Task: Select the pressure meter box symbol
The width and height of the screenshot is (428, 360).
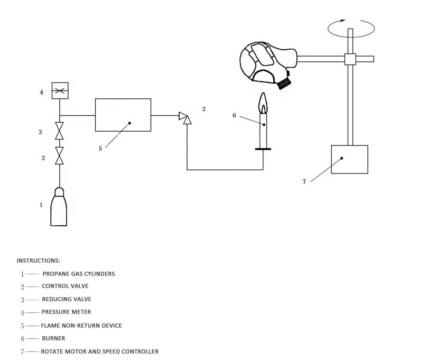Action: tap(60, 91)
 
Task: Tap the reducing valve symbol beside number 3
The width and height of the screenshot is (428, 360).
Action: tap(59, 131)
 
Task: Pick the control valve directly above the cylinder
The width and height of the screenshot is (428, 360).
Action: tap(59, 156)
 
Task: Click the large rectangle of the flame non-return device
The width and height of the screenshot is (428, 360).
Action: tap(123, 115)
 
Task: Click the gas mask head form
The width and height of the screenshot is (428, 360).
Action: tap(268, 64)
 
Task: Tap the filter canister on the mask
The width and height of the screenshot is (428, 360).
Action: tap(284, 84)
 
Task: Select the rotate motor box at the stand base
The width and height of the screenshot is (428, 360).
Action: tap(350, 160)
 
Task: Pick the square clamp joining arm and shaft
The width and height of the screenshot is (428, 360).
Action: tap(350, 59)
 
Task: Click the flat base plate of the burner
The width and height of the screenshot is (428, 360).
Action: tap(263, 149)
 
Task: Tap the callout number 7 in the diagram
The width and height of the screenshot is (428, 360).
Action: tap(304, 182)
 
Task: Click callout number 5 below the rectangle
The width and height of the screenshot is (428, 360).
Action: tap(100, 149)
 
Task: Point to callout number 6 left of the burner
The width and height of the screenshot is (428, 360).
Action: tap(234, 116)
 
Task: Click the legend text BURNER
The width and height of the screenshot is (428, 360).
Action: tap(53, 338)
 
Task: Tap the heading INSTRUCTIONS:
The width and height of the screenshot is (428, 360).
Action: tap(38, 261)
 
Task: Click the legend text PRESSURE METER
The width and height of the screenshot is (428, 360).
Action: tap(67, 312)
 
